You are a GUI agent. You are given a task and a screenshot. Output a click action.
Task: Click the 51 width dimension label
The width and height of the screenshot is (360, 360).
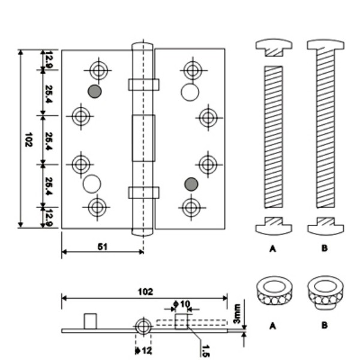coord(103,245)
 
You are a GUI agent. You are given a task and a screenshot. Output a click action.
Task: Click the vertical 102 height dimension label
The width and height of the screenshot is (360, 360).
coord(28,140)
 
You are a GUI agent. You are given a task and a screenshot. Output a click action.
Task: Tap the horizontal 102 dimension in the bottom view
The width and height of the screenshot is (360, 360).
coord(145,292)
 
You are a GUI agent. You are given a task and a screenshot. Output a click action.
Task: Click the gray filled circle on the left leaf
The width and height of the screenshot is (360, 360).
coord(94,91)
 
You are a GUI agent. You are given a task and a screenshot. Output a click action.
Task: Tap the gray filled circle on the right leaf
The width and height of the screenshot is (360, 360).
coord(191,183)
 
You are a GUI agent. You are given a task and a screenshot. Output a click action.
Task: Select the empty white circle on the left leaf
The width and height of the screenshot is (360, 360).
coord(92,183)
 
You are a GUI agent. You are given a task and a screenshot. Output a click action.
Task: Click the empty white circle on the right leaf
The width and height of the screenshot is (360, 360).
coord(190,92)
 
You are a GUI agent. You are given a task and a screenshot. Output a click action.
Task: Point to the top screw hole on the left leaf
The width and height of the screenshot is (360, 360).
coord(98,70)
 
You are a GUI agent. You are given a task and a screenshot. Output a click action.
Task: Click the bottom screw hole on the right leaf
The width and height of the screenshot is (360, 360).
coord(191,208)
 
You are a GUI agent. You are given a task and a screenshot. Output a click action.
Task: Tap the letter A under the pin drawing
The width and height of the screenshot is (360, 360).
coord(273,248)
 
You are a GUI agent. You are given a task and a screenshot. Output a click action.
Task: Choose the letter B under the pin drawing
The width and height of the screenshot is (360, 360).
coord(325,248)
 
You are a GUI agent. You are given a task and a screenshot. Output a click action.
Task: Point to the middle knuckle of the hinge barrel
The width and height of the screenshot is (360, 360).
coord(143,138)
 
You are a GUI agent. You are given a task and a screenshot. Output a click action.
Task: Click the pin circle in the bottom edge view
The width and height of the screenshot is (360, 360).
coord(143,327)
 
